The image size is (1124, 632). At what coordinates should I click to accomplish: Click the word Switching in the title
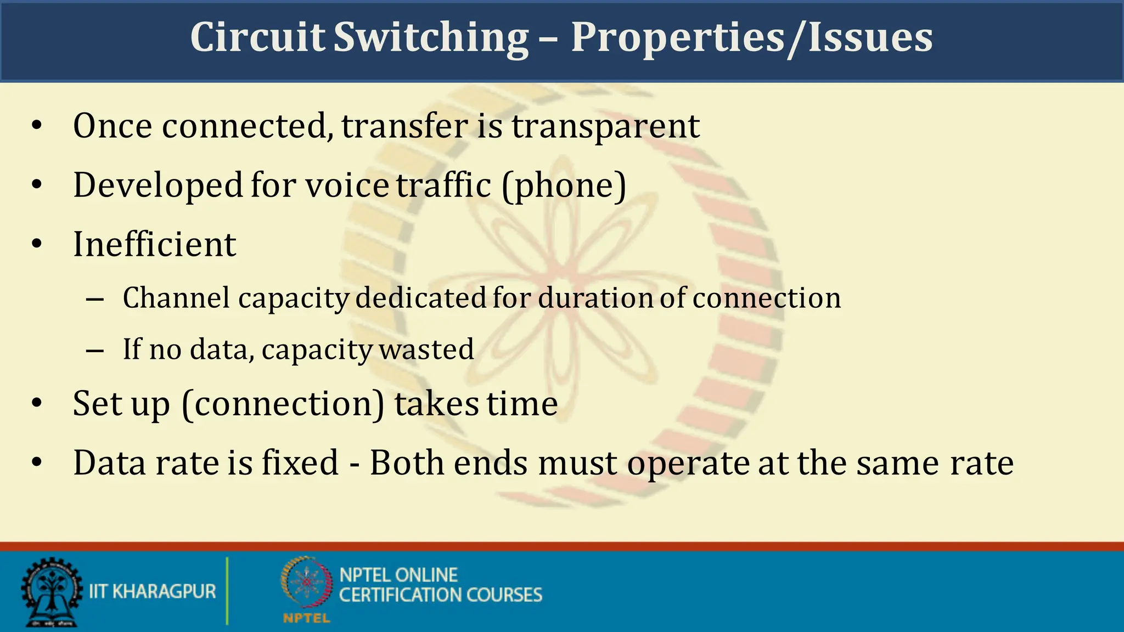[x=431, y=37]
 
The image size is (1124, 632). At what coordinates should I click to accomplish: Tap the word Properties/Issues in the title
[x=751, y=37]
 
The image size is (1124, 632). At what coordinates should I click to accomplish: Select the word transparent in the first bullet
[x=605, y=126]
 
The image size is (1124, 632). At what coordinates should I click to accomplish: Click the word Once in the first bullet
[x=113, y=126]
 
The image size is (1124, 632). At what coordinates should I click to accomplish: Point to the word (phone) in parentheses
[x=564, y=185]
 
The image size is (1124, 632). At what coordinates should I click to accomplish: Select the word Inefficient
[x=154, y=244]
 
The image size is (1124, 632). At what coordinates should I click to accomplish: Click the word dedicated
[x=421, y=298]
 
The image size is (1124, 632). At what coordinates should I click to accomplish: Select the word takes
[x=436, y=404]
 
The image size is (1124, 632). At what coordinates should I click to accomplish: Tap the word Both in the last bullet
[x=407, y=462]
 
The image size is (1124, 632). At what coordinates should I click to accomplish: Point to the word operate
[x=688, y=464]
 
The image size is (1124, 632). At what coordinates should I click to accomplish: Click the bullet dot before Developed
[x=37, y=185]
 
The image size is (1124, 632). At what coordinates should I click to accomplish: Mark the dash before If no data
[x=95, y=350]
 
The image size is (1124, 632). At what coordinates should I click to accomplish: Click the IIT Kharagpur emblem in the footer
[x=51, y=592]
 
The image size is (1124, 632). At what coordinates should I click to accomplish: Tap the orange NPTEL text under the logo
[x=306, y=618]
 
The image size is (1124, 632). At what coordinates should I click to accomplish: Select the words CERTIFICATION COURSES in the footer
[x=440, y=595]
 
